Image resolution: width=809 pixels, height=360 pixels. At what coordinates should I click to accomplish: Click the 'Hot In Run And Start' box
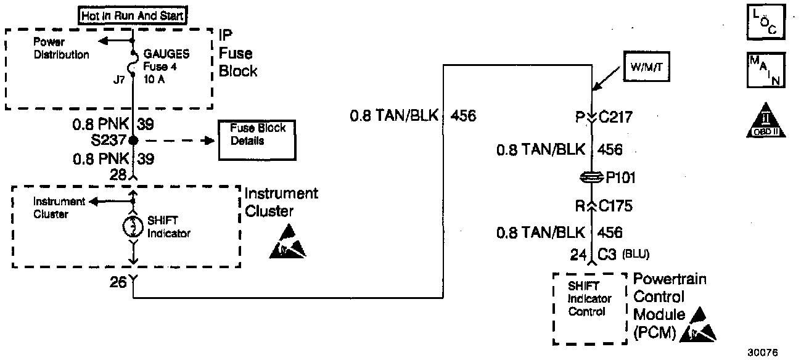pos(133,15)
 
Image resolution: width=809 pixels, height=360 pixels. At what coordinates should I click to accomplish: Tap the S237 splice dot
pos(133,141)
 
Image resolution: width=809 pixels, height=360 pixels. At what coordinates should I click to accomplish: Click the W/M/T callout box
pos(646,66)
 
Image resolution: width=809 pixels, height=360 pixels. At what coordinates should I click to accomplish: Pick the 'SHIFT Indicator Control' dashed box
pos(590,308)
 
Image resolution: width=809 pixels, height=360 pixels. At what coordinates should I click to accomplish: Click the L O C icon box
pos(764,23)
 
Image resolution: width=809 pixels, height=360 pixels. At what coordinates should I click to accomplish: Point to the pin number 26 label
pos(118,282)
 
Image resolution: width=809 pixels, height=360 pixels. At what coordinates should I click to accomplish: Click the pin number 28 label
pos(118,175)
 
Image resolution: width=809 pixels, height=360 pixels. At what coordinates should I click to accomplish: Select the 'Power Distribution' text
pos(60,49)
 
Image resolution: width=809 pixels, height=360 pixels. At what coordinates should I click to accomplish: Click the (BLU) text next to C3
pos(636,253)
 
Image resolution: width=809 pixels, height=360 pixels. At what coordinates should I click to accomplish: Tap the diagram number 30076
pos(763,353)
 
